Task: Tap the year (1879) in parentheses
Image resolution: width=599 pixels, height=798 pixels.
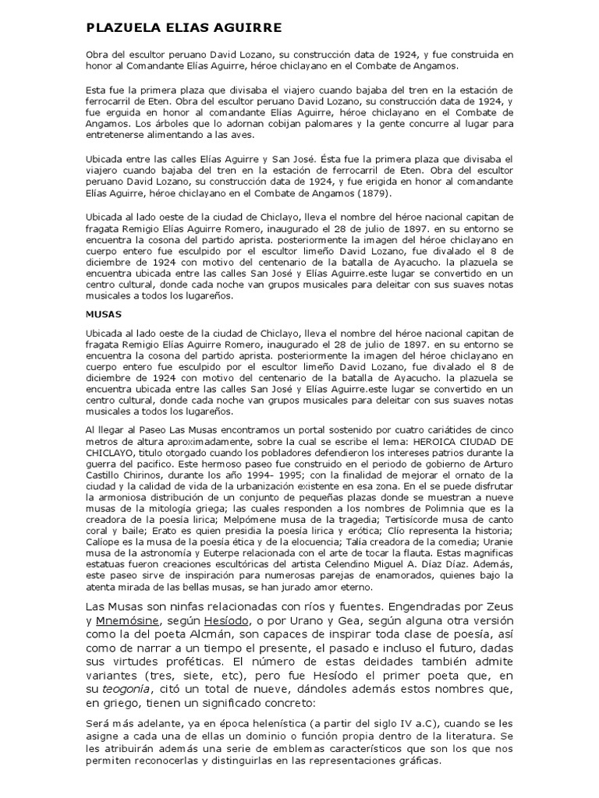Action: click(x=377, y=192)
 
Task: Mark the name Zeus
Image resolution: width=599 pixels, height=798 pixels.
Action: click(x=494, y=606)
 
